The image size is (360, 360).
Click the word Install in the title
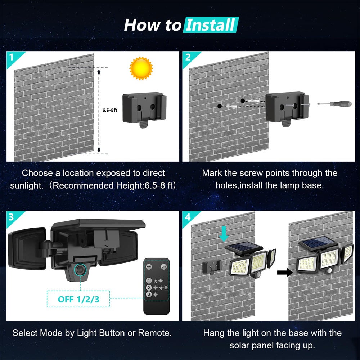211,25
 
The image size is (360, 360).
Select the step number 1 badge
12,57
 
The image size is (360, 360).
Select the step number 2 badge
188,57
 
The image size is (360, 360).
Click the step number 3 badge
12,217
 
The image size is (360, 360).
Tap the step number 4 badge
188,217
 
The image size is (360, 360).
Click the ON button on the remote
149,267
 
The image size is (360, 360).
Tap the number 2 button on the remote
148,287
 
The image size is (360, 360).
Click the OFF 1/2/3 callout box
78,299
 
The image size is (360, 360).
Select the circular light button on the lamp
79,269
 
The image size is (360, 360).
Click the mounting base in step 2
287,107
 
